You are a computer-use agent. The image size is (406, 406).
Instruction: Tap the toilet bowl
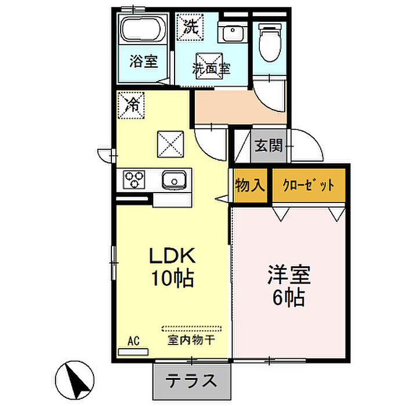tap(270, 43)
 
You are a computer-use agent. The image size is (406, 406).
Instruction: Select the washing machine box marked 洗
tap(190, 27)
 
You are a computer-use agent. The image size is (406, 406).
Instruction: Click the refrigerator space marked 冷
tap(131, 105)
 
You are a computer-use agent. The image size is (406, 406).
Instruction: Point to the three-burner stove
tap(134, 179)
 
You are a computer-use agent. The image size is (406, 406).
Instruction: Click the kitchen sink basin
tap(174, 180)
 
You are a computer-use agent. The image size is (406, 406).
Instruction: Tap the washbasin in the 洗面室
tap(233, 32)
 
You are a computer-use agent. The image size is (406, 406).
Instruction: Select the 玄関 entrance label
tap(269, 146)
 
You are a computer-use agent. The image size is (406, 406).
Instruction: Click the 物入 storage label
tap(250, 185)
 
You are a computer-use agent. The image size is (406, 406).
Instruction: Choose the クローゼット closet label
tap(309, 185)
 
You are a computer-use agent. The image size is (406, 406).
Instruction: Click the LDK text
tap(172, 256)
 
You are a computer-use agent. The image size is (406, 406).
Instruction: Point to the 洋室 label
tap(289, 274)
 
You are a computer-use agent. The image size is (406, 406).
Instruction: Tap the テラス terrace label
tap(191, 381)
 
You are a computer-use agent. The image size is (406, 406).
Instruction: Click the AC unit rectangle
tap(133, 351)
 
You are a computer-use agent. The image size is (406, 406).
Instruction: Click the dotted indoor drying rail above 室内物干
tap(191, 329)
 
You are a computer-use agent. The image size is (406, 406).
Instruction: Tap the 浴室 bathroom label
tap(143, 61)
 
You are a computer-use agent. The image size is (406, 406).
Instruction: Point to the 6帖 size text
tap(288, 298)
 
